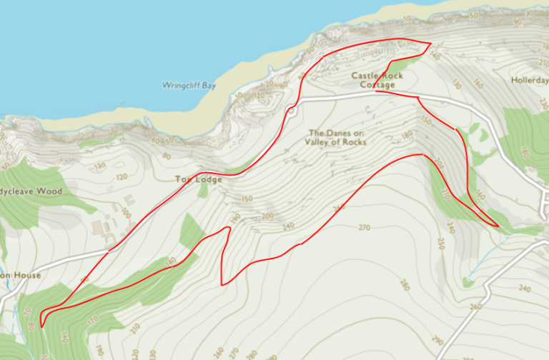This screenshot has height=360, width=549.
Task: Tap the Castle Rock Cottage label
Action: (x=377, y=80)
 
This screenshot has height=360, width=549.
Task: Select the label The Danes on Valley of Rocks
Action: (x=335, y=137)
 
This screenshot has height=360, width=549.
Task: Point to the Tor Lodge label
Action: (x=199, y=179)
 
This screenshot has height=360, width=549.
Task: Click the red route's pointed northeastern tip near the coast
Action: (x=430, y=44)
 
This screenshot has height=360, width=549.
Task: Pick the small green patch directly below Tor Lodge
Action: (x=204, y=191)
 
